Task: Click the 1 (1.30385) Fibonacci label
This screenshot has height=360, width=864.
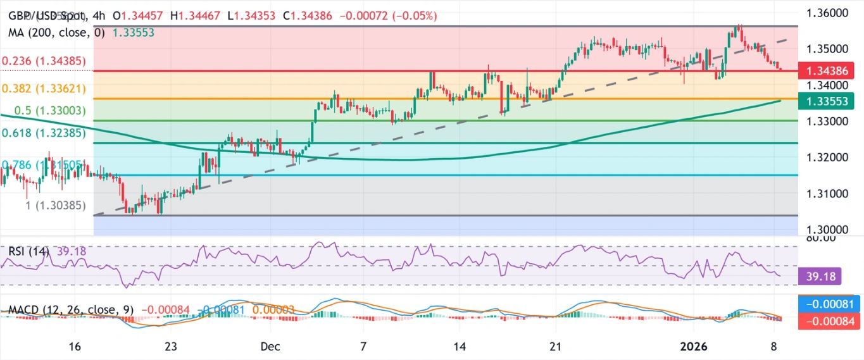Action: [x=56, y=205]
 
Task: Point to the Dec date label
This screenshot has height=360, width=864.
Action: [x=270, y=347]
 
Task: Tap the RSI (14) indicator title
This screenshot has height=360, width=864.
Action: [x=28, y=251]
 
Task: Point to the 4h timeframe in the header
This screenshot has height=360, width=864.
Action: [x=99, y=16]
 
